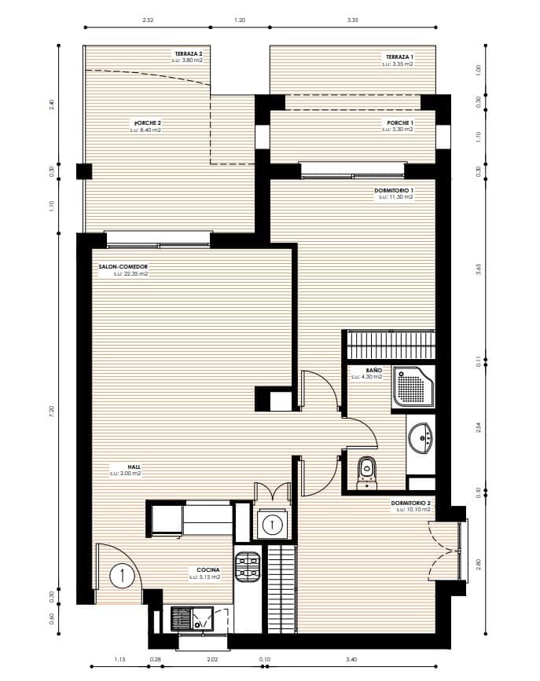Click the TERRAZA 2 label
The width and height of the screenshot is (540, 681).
click(188, 54)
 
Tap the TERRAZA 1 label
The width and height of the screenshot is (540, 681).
click(399, 57)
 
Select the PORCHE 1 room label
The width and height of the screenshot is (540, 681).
click(400, 123)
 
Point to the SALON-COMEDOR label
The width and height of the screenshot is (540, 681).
click(123, 267)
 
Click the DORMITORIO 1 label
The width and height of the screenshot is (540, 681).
click(395, 191)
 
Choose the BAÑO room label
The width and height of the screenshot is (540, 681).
click(373, 369)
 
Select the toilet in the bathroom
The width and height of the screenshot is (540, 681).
click(366, 472)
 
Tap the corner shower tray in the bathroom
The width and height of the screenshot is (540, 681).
click(413, 387)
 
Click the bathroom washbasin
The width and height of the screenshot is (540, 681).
click(421, 437)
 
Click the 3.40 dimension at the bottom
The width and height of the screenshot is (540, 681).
click(351, 658)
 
